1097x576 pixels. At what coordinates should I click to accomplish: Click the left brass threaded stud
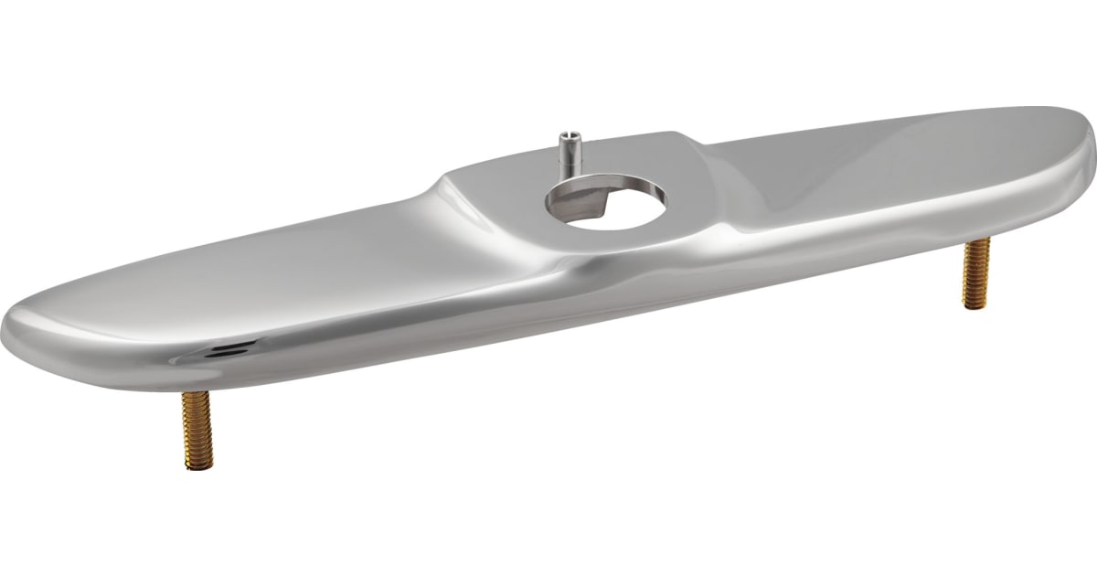pos(197,430)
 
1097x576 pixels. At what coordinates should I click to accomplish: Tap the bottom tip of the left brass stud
pos(198,465)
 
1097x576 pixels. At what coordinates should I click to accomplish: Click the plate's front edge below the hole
pos(603,274)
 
